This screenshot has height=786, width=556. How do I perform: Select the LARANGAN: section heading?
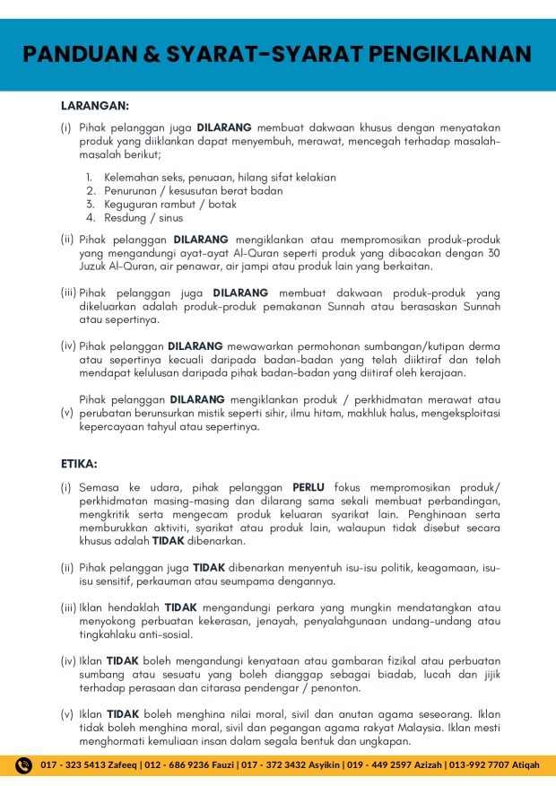[95, 105]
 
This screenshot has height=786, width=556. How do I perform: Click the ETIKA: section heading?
[79, 464]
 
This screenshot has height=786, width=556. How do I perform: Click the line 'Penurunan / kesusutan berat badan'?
[193, 190]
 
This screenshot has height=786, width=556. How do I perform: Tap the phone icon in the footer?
[24, 764]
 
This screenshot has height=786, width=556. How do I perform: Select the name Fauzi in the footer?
[212, 765]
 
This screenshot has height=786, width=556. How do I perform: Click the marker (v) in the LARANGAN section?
[65, 413]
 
